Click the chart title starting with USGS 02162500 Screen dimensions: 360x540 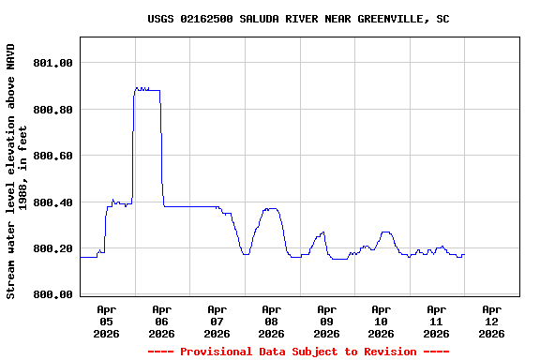pyautogui.click(x=298, y=19)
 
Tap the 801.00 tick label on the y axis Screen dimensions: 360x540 pyautogui.click(x=52, y=63)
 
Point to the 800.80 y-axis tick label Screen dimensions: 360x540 pyautogui.click(x=52, y=110)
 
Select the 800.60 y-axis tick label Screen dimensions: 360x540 pyautogui.click(x=52, y=156)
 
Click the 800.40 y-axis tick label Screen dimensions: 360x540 pyautogui.click(x=52, y=202)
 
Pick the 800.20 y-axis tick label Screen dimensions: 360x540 pyautogui.click(x=52, y=248)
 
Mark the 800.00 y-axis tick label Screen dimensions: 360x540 pyautogui.click(x=52, y=295)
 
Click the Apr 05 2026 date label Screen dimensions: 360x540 pyautogui.click(x=107, y=321)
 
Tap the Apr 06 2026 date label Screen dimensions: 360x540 pyautogui.click(x=161, y=321)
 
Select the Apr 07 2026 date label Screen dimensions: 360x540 pyautogui.click(x=217, y=321)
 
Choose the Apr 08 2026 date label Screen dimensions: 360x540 pyautogui.click(x=271, y=321)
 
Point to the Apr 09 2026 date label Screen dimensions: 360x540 pyautogui.click(x=326, y=321)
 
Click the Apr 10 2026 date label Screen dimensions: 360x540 pyautogui.click(x=381, y=321)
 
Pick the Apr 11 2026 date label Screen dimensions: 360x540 pyautogui.click(x=436, y=321)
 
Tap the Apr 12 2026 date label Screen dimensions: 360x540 pyautogui.click(x=491, y=321)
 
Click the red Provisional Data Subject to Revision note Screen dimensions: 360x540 pyautogui.click(x=298, y=352)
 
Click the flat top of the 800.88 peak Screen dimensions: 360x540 pyautogui.click(x=148, y=90)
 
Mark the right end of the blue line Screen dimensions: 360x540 pyautogui.click(x=463, y=255)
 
